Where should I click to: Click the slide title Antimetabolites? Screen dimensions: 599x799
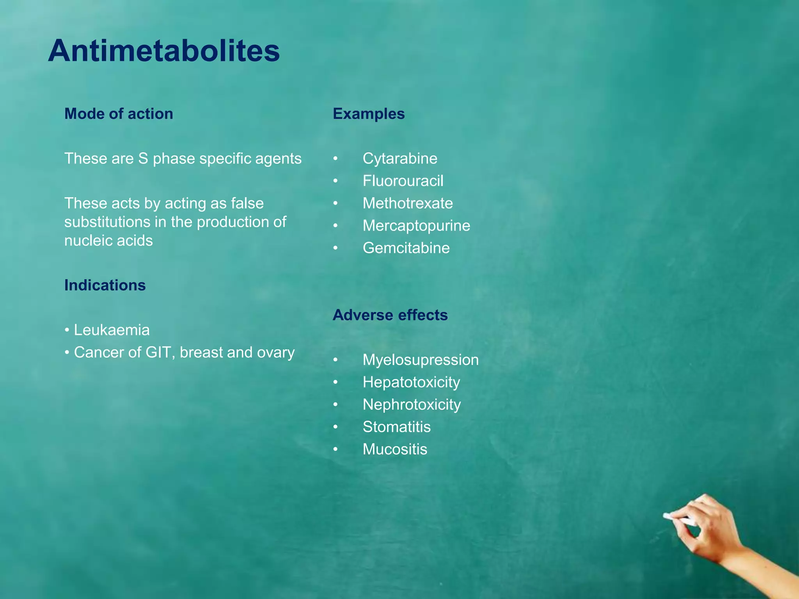coord(164,51)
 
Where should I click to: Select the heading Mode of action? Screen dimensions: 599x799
coord(119,114)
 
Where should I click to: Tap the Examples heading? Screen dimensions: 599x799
coord(369,114)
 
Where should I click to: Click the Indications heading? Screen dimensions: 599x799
coord(105,285)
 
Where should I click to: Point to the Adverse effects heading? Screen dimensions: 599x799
coord(390,315)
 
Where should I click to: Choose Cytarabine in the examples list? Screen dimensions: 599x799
coord(400,159)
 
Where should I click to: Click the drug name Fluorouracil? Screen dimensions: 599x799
coord(403,181)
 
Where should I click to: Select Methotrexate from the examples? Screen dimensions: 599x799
coord(408,203)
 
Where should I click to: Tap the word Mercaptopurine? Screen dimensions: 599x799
coord(416,226)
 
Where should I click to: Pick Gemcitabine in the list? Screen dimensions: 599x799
coord(406,248)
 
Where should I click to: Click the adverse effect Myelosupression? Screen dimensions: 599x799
coord(421,360)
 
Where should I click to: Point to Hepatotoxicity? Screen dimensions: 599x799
coord(411,382)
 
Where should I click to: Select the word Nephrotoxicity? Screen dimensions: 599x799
coord(412,404)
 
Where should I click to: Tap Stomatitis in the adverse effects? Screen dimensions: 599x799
coord(397,427)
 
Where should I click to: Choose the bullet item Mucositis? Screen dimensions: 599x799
coord(395,449)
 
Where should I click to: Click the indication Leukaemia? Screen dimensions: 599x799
coord(112,330)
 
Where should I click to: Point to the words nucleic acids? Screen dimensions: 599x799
coord(108,241)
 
